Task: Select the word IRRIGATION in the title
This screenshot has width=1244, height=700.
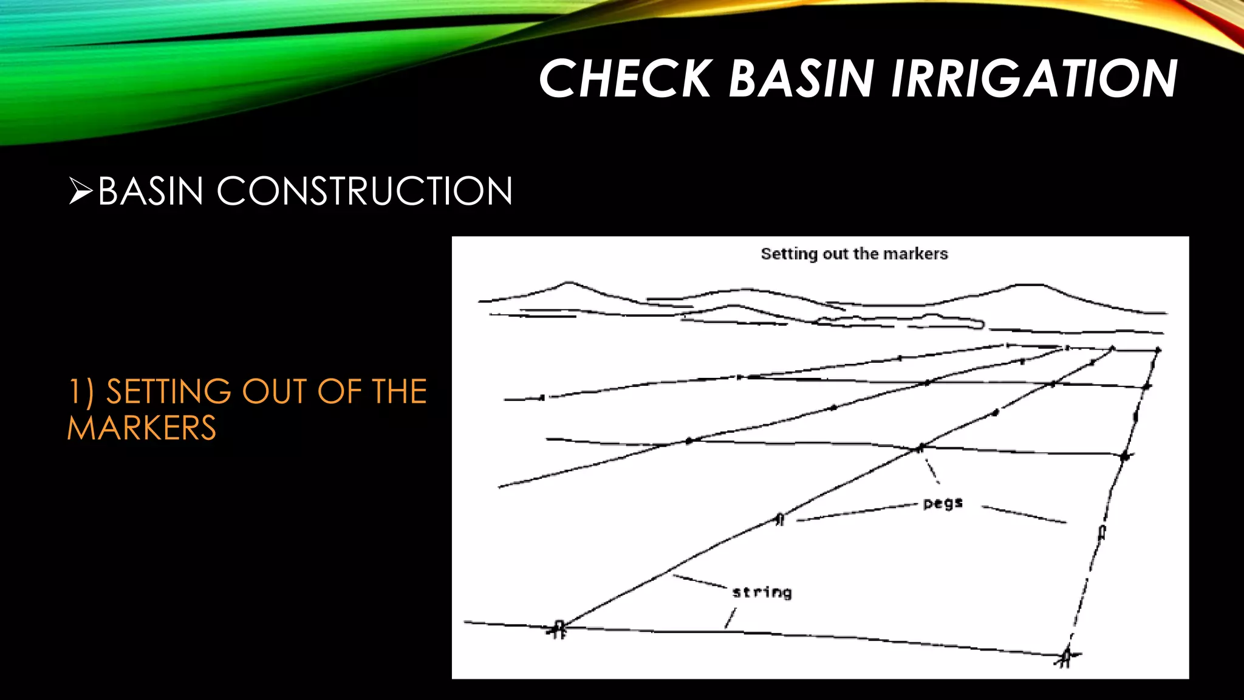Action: tap(1034, 79)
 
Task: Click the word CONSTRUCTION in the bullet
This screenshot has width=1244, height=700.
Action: tap(364, 191)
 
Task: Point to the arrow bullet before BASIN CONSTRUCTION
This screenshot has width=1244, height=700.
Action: tap(80, 191)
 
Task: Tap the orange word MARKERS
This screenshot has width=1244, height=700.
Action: tap(142, 428)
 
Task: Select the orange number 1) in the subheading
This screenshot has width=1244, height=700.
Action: tap(80, 391)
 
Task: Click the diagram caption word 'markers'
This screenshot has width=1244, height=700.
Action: tap(915, 254)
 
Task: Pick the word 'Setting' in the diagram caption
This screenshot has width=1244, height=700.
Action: tap(788, 254)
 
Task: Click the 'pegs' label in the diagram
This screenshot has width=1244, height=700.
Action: tap(943, 503)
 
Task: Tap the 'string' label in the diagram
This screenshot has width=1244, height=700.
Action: tap(762, 592)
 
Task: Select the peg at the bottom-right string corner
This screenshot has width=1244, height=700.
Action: tap(1065, 657)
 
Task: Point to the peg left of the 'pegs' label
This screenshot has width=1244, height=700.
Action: tap(781, 519)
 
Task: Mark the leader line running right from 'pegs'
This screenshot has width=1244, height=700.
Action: tap(1024, 514)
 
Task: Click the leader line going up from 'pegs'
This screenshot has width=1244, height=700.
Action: tap(931, 470)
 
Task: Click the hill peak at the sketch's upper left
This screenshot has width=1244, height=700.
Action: tap(568, 283)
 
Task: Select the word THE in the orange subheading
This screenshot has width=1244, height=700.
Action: tap(399, 391)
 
